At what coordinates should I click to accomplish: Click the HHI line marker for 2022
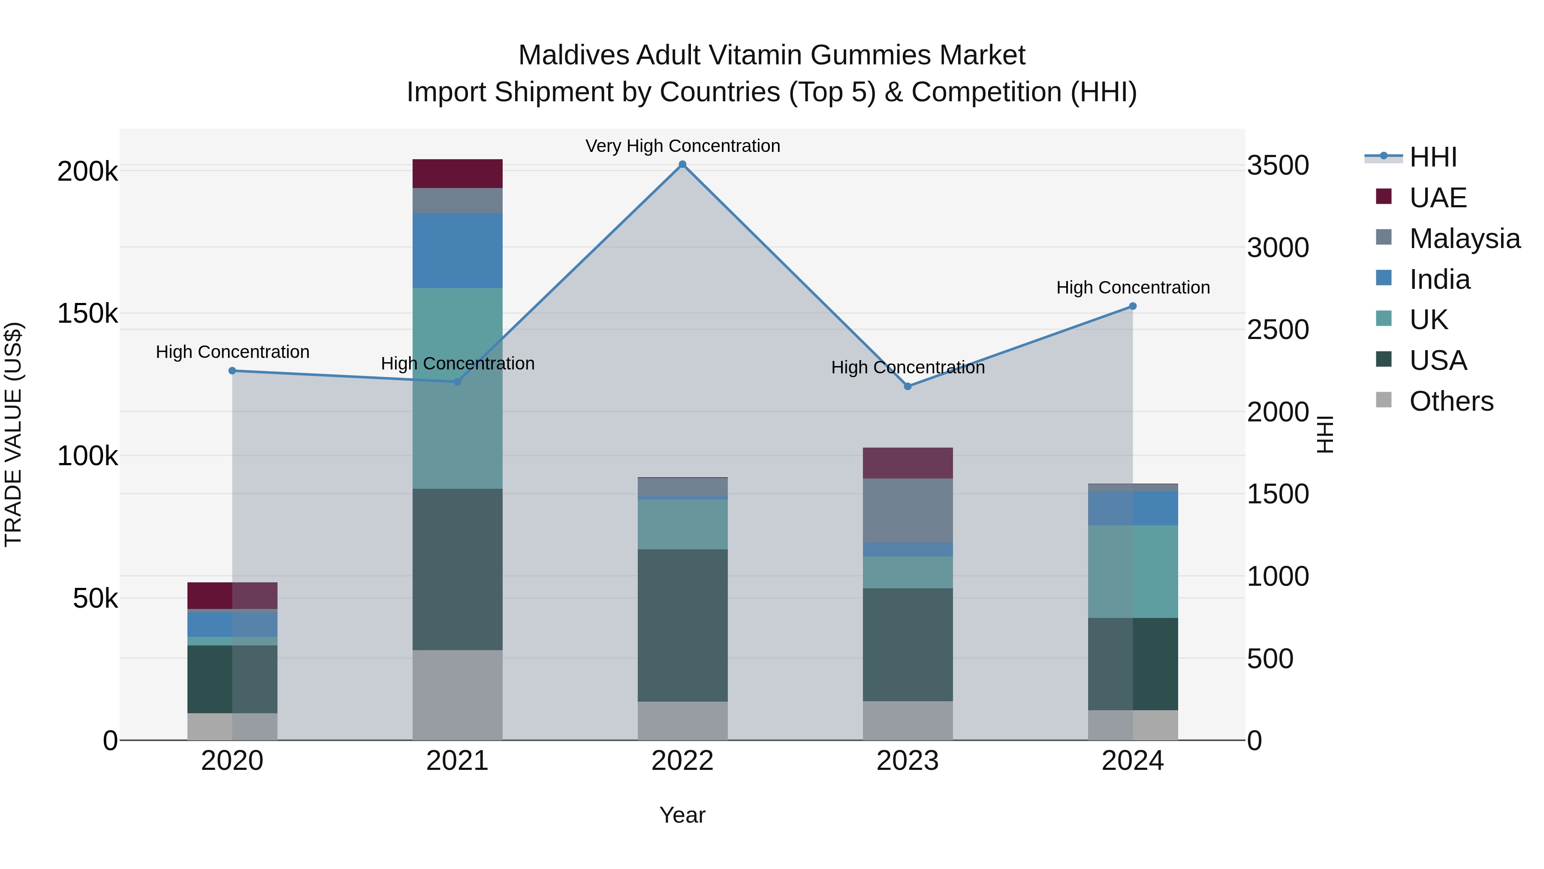click(x=682, y=164)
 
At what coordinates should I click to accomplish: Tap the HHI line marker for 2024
click(x=1132, y=306)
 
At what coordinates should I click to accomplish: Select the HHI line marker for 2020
click(x=232, y=371)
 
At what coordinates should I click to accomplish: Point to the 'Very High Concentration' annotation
click(x=682, y=146)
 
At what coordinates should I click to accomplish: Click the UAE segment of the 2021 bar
click(x=457, y=174)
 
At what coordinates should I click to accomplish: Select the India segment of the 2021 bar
click(x=457, y=251)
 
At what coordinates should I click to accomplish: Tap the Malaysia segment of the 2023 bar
click(x=908, y=510)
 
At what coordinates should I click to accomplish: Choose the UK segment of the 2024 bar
click(x=1132, y=572)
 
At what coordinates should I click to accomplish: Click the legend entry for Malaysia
click(x=1464, y=239)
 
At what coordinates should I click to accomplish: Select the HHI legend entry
click(x=1432, y=157)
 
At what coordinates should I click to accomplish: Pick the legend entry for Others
click(x=1451, y=401)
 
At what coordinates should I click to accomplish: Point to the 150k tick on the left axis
click(x=87, y=314)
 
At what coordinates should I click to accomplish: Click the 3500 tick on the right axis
click(x=1278, y=166)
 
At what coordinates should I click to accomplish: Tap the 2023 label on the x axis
click(x=908, y=761)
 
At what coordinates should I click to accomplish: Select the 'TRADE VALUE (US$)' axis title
click(x=13, y=434)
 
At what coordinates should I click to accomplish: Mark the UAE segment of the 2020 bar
click(x=232, y=596)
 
